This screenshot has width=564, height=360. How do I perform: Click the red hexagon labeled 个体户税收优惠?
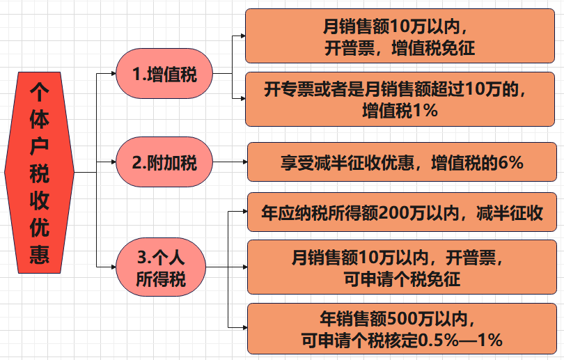click(x=39, y=173)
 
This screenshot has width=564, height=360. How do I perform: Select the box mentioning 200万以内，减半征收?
click(x=404, y=212)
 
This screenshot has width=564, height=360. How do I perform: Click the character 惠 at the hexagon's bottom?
click(x=39, y=255)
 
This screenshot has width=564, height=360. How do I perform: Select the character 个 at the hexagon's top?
click(x=39, y=91)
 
